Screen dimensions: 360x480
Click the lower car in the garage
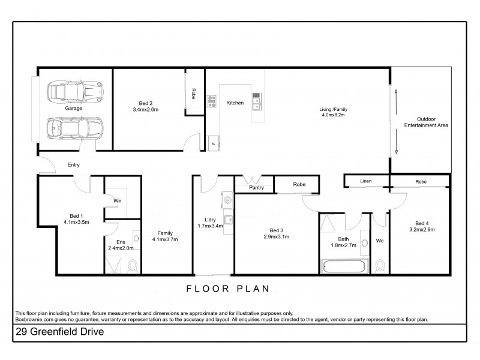[x=75, y=127]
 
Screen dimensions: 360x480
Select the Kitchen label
[x=235, y=103]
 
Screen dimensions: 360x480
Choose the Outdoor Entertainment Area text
[x=427, y=122]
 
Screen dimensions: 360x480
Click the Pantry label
[x=256, y=188]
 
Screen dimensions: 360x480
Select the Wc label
[x=379, y=241]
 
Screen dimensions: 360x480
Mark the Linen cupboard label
[x=366, y=181]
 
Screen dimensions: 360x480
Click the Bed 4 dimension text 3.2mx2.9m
[x=422, y=229]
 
